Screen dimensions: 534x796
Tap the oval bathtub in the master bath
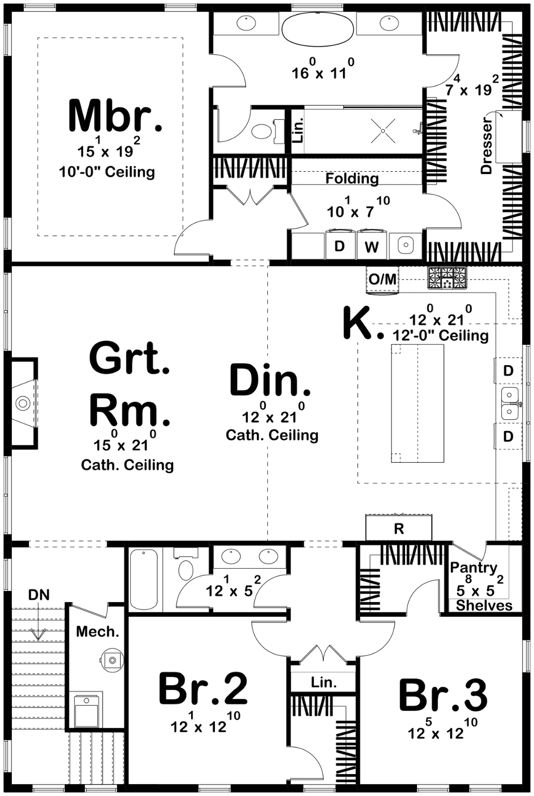click(318, 30)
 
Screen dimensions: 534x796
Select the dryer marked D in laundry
click(340, 245)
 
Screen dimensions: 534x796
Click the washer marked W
click(372, 245)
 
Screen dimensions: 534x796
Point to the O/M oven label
click(382, 279)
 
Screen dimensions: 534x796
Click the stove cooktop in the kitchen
click(447, 277)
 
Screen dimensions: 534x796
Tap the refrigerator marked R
click(399, 528)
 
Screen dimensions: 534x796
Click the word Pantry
click(474, 568)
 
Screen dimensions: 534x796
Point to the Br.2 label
click(203, 689)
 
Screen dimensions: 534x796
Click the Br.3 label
click(443, 694)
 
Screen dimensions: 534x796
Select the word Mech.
click(98, 631)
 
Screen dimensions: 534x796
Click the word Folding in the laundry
click(352, 179)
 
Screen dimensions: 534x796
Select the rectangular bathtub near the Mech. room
click(144, 579)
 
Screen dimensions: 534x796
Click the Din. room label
click(270, 380)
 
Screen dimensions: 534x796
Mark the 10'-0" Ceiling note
click(107, 172)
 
